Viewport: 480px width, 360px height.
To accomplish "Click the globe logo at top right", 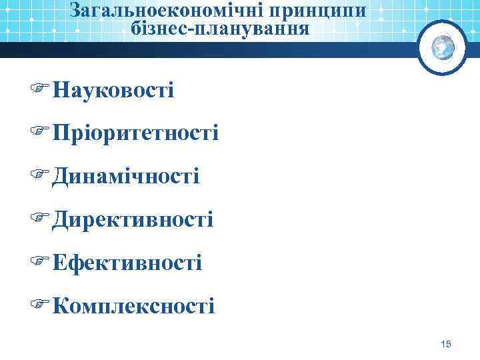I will click(x=443, y=47).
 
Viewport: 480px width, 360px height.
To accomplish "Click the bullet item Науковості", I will click(x=113, y=89).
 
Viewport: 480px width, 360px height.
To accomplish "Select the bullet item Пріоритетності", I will click(x=135, y=133).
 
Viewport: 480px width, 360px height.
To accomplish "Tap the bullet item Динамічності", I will click(x=125, y=176).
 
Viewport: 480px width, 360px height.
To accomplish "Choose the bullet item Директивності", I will click(x=133, y=219).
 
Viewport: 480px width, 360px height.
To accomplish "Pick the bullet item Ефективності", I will click(x=127, y=263).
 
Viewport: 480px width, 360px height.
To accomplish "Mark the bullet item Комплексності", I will click(x=133, y=306).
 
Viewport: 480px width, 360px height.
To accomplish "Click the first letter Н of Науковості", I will click(x=59, y=89).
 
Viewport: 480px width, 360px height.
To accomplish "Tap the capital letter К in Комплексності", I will click(x=59, y=306).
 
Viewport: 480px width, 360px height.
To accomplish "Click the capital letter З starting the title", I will click(x=75, y=11).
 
